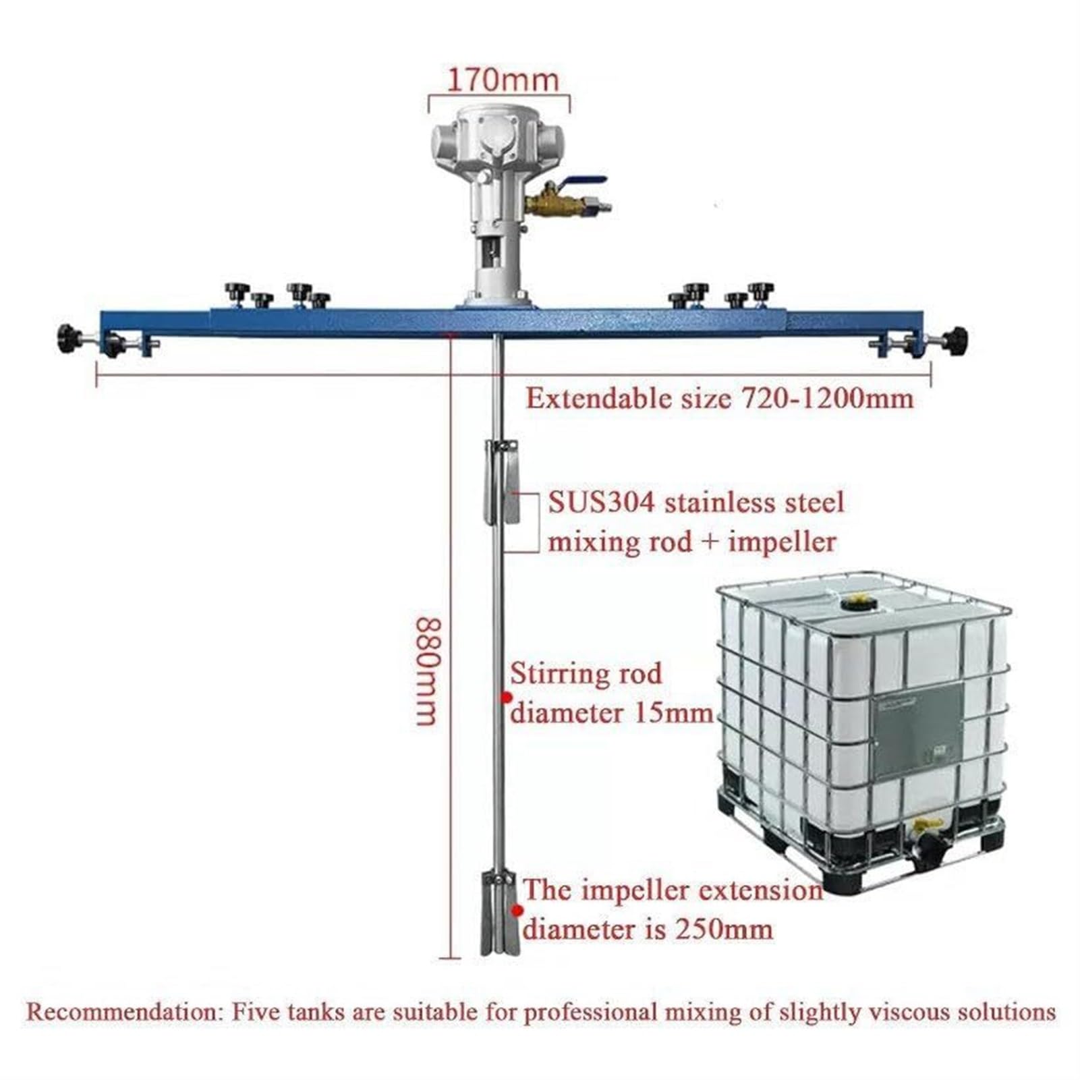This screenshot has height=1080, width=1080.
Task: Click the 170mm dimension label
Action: click(503, 80)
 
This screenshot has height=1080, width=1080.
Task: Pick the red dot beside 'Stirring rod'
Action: click(505, 697)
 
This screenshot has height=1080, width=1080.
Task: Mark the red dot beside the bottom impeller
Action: click(517, 911)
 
